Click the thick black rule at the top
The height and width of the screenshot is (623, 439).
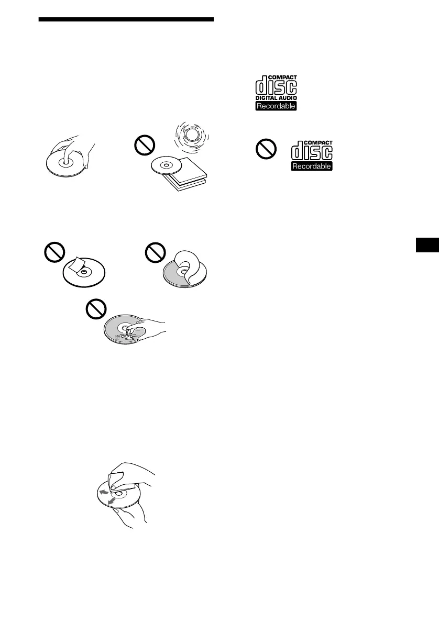[127, 19]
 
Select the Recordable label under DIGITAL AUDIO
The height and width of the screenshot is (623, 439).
[276, 106]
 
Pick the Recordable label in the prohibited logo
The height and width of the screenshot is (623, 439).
[312, 166]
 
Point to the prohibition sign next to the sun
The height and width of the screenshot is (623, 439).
[144, 149]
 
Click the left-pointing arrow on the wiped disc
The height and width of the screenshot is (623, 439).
[105, 492]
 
